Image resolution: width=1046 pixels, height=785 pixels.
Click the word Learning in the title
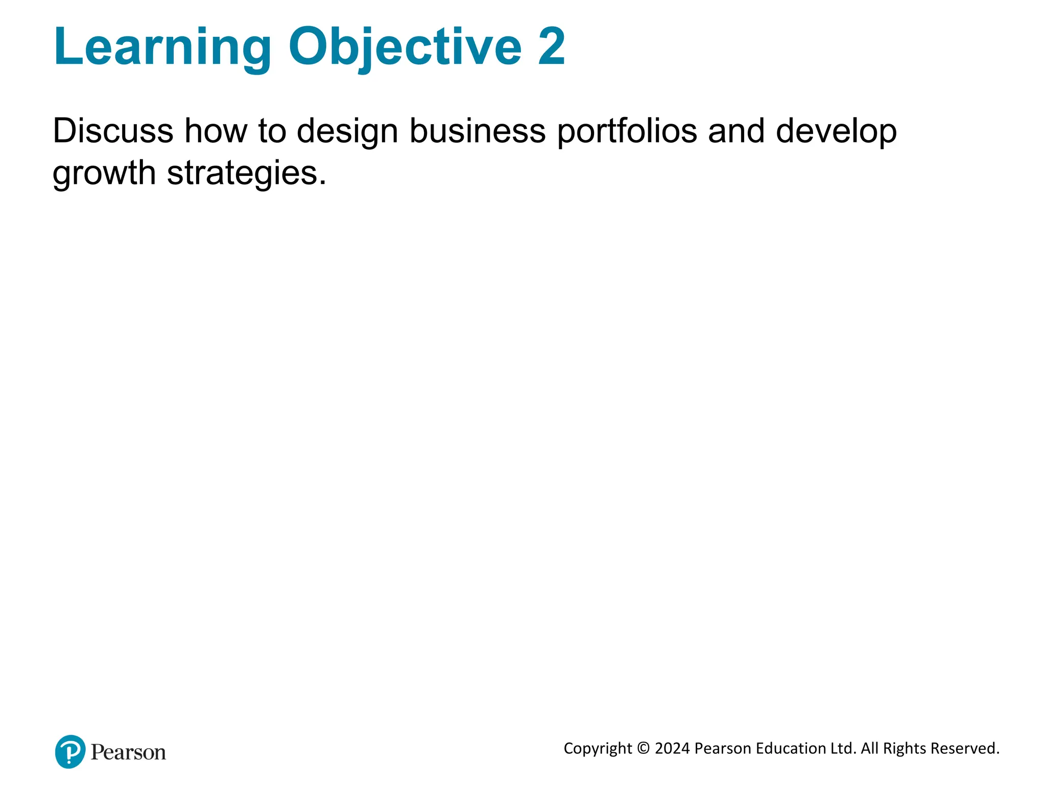162,47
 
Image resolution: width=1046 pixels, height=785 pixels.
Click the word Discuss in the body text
113,131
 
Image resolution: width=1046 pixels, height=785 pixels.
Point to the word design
347,132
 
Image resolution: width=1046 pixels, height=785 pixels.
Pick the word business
478,131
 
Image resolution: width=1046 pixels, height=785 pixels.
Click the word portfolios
627,132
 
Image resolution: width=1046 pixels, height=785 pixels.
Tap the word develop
836,132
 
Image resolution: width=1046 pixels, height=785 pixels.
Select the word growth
104,174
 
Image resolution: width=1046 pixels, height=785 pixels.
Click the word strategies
246,174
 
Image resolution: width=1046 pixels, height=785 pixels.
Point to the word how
216,131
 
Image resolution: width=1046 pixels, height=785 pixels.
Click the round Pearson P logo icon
70,751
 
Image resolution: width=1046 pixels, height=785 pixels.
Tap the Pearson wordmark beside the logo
128,752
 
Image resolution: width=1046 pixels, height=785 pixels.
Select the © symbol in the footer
644,749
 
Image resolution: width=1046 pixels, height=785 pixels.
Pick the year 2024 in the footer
672,749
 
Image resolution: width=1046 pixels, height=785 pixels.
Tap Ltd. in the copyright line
843,749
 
